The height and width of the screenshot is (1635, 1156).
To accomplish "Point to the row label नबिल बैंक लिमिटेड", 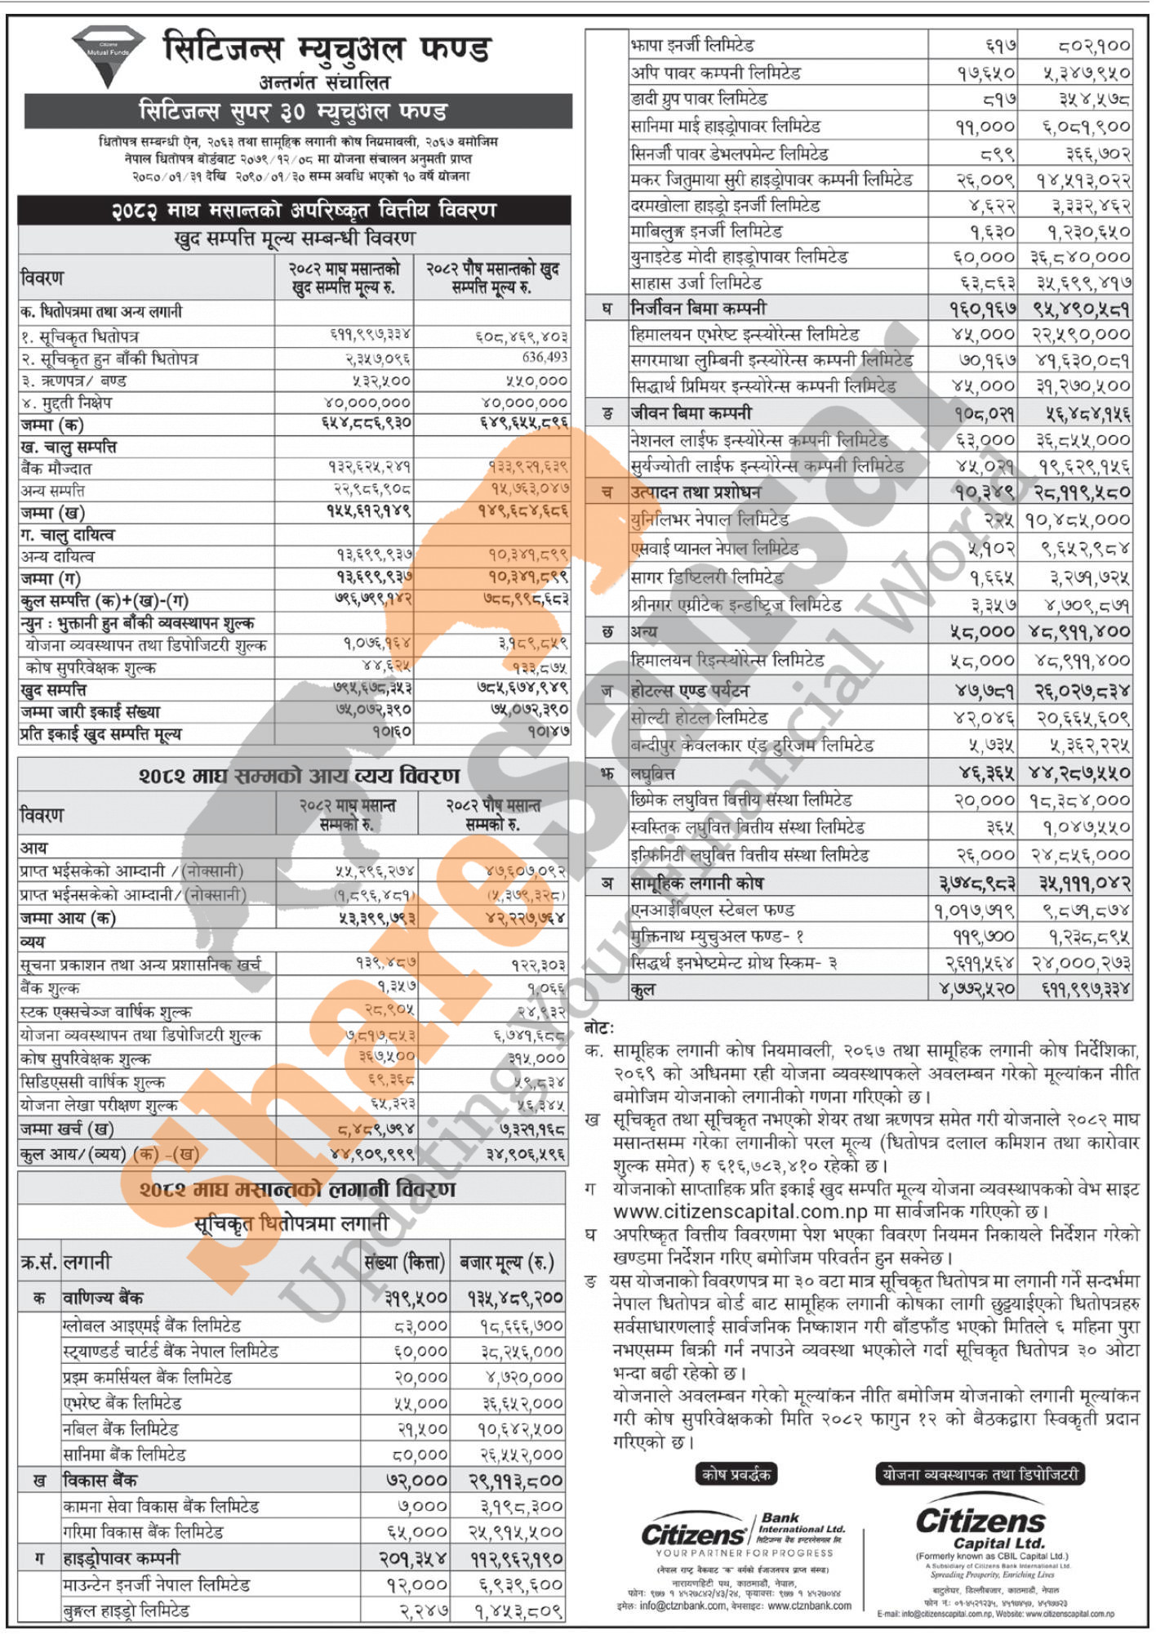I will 121,1429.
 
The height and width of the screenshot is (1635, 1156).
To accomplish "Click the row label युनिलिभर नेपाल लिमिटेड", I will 709,519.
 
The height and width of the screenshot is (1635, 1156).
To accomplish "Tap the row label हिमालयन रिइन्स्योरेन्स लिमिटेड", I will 727,659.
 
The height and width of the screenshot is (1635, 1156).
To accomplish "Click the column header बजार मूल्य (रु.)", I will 507,1263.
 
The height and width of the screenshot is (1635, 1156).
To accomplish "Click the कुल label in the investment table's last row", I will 642,989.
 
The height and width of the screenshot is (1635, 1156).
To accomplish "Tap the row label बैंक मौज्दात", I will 56,469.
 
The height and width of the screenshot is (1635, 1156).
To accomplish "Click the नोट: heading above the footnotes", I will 600,1028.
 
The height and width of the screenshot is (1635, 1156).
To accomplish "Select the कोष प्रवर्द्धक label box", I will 736,1474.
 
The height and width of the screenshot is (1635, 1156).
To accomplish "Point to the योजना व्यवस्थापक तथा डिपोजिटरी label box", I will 980,1474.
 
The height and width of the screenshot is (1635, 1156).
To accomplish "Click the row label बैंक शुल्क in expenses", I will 51,988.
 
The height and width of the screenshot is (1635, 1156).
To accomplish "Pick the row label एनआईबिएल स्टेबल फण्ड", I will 713,910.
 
